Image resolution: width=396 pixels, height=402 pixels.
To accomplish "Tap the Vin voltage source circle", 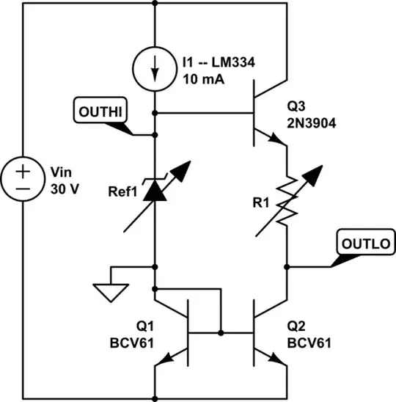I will coord(22,180).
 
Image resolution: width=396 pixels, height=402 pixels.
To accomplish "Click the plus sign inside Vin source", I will coord(22,171).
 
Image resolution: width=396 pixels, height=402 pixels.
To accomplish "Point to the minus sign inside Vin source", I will coord(22,189).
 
